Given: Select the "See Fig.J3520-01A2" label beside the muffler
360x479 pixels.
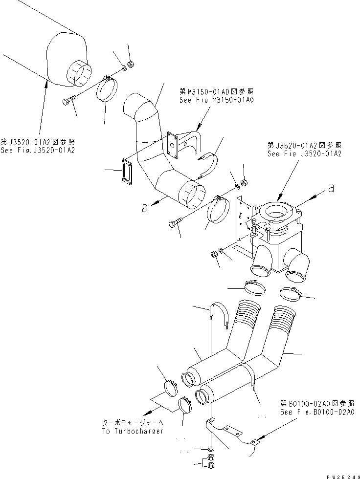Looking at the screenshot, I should coord(38,150).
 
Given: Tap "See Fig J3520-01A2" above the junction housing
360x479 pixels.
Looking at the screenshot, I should coord(304,153).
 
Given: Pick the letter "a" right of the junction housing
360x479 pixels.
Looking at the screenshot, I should coord(331,187).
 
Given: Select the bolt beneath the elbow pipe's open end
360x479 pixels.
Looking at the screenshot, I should coord(175,223).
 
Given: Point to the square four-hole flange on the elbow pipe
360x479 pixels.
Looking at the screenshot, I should coord(172,145).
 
